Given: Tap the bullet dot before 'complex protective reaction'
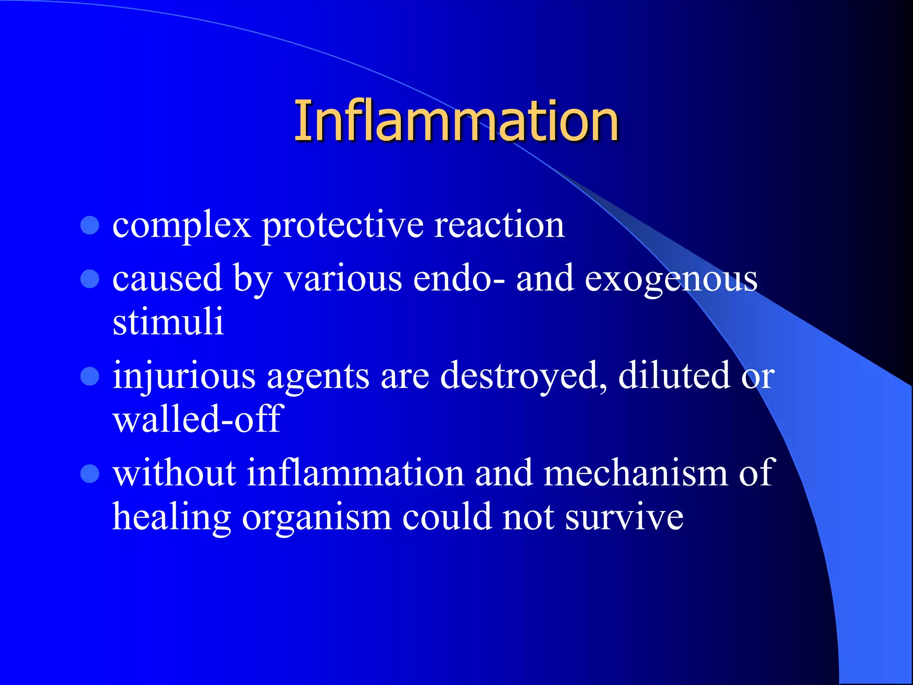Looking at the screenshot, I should point(90,226).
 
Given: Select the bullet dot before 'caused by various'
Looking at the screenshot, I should point(90,279).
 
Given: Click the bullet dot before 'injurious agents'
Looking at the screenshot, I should point(90,376).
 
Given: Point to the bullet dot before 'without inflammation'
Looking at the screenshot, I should point(90,474).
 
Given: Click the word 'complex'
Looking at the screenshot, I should point(181,226).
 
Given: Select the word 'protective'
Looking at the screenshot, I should point(342,226).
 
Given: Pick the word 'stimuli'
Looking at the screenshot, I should point(168,322).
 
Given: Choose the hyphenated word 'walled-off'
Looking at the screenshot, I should point(198,419).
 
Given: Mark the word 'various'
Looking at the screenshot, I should point(343,279).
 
